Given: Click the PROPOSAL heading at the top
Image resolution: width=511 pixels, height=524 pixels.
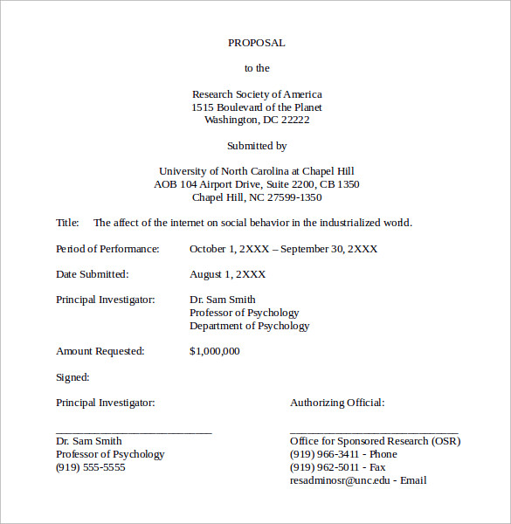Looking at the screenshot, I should pyautogui.click(x=256, y=43).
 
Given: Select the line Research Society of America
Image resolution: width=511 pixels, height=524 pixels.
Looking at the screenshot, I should pyautogui.click(x=256, y=94).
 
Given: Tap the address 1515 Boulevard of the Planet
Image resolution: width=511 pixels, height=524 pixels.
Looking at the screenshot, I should pyautogui.click(x=256, y=107).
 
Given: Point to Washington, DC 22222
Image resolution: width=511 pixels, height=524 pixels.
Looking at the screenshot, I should pyautogui.click(x=256, y=121).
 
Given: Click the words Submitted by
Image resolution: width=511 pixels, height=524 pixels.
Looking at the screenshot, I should pyautogui.click(x=256, y=146).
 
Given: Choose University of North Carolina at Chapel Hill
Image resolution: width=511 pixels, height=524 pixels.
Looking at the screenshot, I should pyautogui.click(x=256, y=171).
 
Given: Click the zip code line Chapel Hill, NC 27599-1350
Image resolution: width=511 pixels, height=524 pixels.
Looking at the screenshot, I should pyautogui.click(x=256, y=197).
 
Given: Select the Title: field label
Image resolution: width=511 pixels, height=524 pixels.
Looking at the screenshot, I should pyautogui.click(x=67, y=223).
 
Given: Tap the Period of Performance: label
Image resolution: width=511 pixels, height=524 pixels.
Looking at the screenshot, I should pyautogui.click(x=107, y=249).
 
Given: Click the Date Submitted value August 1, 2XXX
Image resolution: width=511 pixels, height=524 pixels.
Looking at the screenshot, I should pyautogui.click(x=227, y=274).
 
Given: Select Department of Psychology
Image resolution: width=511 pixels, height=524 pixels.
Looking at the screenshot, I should pyautogui.click(x=249, y=326).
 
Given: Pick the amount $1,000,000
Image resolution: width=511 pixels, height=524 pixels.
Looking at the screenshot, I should pyautogui.click(x=214, y=351).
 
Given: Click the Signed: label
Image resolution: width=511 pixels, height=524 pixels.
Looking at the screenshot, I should pyautogui.click(x=73, y=377).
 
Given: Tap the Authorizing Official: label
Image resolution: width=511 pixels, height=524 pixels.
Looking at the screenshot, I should pyautogui.click(x=336, y=403).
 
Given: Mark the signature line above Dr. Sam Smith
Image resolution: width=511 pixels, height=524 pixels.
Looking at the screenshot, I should pyautogui.click(x=133, y=431).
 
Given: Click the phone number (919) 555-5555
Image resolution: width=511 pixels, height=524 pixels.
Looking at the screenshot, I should pyautogui.click(x=90, y=467).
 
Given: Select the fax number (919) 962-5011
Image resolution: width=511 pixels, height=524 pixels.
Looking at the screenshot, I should pyautogui.click(x=324, y=467).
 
